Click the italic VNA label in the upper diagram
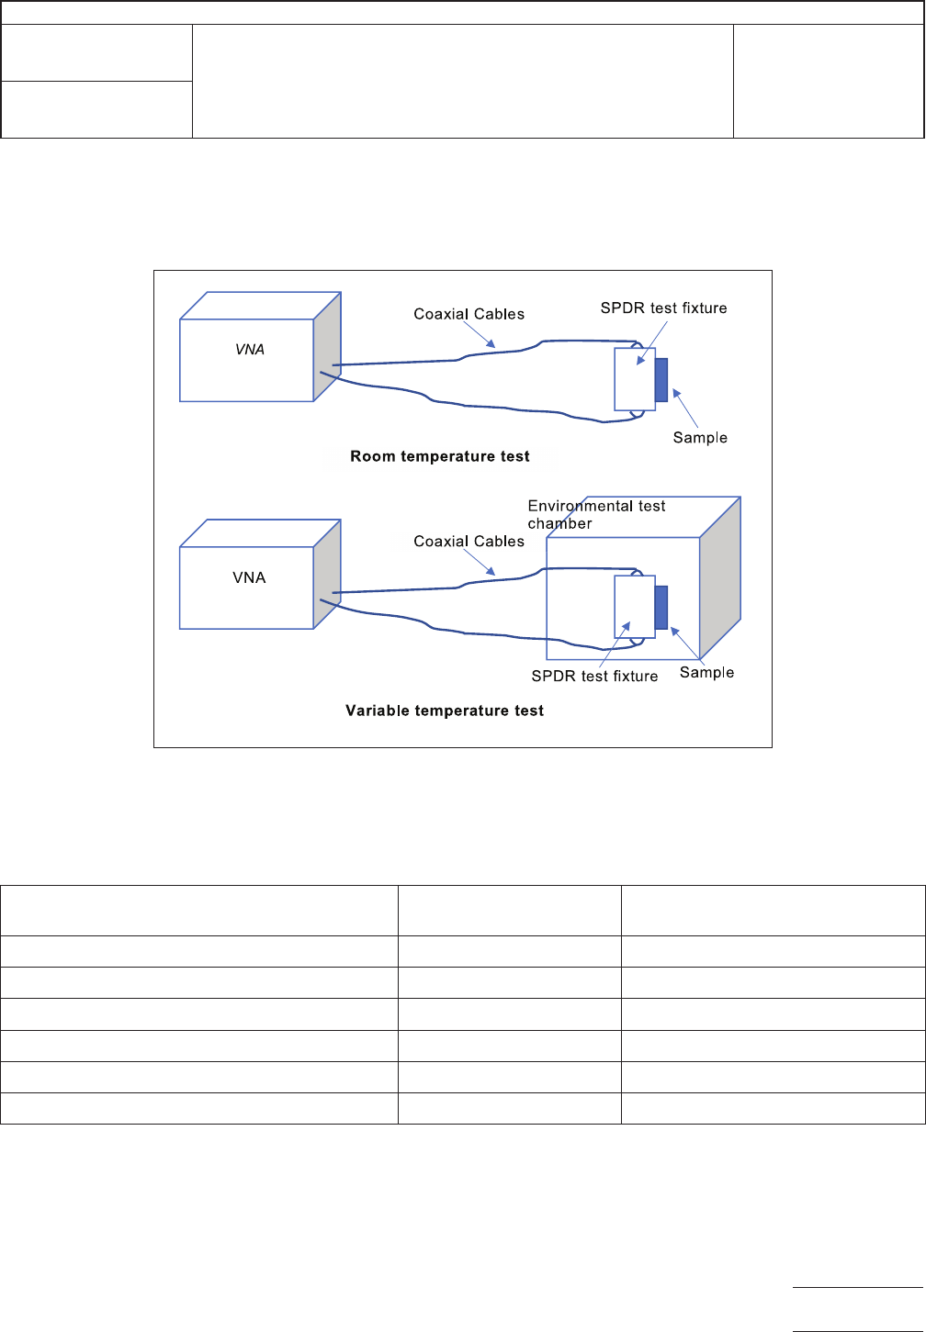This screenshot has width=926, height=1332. click(x=249, y=350)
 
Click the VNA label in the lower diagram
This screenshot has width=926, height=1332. click(x=249, y=577)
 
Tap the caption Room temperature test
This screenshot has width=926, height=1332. click(x=440, y=456)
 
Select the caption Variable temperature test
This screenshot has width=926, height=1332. click(x=445, y=711)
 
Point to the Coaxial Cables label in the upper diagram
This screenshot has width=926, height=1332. click(x=469, y=314)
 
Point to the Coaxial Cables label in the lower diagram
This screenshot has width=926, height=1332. click(x=469, y=542)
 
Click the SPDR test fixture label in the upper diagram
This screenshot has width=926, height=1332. click(x=663, y=308)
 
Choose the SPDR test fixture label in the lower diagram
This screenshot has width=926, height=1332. click(x=594, y=677)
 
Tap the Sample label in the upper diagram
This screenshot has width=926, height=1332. click(x=700, y=438)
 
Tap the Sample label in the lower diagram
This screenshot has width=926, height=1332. click(x=706, y=673)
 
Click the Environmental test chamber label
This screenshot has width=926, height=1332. click(x=595, y=514)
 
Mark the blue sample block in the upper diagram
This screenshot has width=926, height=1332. click(x=661, y=380)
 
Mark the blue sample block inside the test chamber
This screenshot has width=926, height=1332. click(x=661, y=608)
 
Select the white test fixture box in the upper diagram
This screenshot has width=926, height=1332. click(x=635, y=379)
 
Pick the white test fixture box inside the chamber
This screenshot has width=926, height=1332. click(x=635, y=607)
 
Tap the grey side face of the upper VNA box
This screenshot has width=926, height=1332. click(x=328, y=347)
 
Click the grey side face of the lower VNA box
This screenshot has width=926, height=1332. click(x=328, y=575)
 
